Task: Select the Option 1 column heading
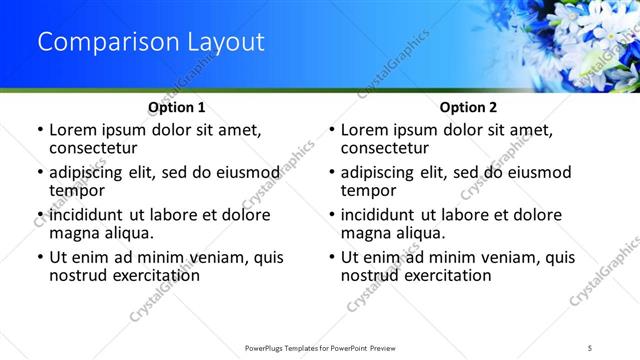(177, 107)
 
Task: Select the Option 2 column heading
(468, 107)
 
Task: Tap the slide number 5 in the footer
(591, 347)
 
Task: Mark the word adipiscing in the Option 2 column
(379, 172)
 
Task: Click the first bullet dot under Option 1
(40, 130)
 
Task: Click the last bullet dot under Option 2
(332, 257)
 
